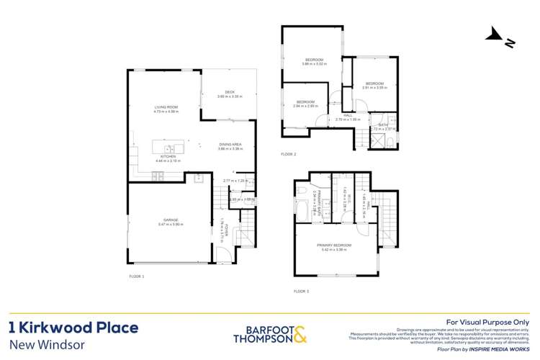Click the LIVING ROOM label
(x=166, y=107)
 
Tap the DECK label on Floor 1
(x=230, y=91)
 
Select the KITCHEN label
(x=168, y=156)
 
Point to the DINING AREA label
(x=230, y=145)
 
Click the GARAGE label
(x=170, y=220)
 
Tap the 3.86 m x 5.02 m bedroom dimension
(x=314, y=64)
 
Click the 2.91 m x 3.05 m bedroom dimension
(x=376, y=87)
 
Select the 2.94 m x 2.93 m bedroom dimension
(x=306, y=107)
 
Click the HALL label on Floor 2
(x=348, y=115)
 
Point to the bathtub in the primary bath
(x=301, y=210)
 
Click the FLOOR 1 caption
(x=137, y=276)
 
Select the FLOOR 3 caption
(x=301, y=292)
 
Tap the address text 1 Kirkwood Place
(x=73, y=328)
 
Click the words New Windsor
(x=47, y=344)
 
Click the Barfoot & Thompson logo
(x=270, y=335)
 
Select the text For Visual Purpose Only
(x=487, y=322)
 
